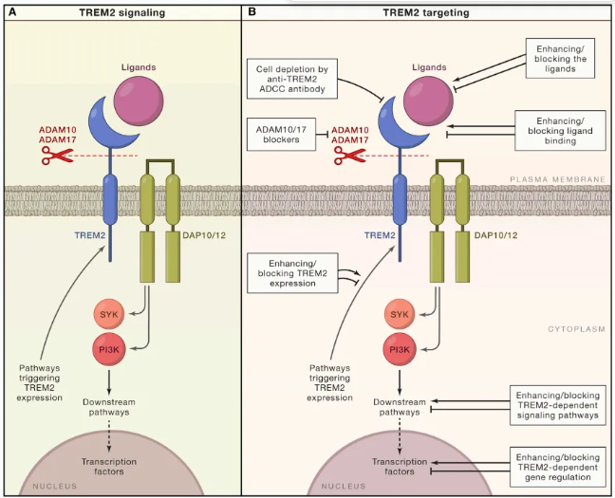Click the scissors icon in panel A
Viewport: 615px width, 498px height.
[57, 156]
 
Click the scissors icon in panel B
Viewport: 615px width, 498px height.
[349, 156]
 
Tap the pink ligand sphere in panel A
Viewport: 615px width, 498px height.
[139, 101]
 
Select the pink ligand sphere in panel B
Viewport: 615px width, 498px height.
[428, 101]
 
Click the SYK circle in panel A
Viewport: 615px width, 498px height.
[108, 314]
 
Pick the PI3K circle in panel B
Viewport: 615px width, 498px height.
[400, 349]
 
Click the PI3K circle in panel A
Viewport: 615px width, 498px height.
[108, 349]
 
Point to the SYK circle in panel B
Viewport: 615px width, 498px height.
[400, 314]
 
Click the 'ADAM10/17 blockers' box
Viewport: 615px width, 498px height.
[281, 134]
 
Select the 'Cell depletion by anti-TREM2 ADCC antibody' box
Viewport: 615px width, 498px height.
[292, 79]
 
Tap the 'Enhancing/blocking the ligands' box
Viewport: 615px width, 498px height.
[560, 59]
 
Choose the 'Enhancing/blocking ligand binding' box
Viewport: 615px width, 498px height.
[560, 131]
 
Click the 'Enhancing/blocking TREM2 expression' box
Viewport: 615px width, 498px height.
[292, 273]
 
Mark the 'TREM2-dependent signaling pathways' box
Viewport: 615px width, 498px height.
[558, 405]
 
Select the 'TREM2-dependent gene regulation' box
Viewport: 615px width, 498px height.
[558, 467]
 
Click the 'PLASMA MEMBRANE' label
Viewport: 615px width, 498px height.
[557, 179]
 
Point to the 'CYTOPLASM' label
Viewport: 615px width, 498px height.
[576, 329]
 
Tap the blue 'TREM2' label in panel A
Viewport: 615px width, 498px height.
[90, 235]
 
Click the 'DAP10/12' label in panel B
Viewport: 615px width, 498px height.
[495, 235]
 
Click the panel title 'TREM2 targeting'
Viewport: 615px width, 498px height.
[426, 12]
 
